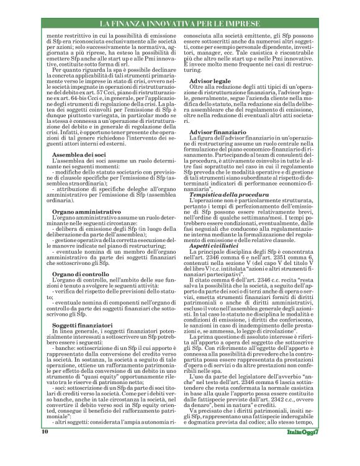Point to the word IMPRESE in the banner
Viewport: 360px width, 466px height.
286,24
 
